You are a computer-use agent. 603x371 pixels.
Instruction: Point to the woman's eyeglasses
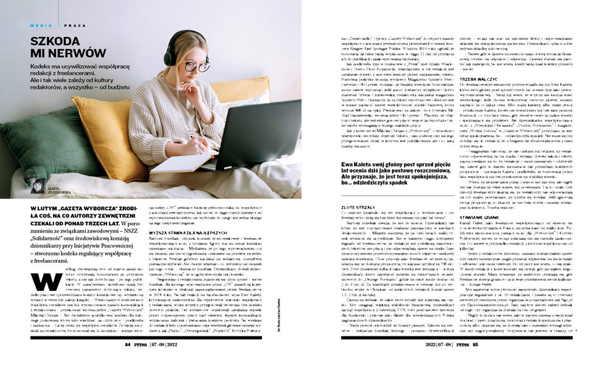[x=196, y=65]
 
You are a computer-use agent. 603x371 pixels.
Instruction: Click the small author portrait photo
[x=38, y=186]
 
